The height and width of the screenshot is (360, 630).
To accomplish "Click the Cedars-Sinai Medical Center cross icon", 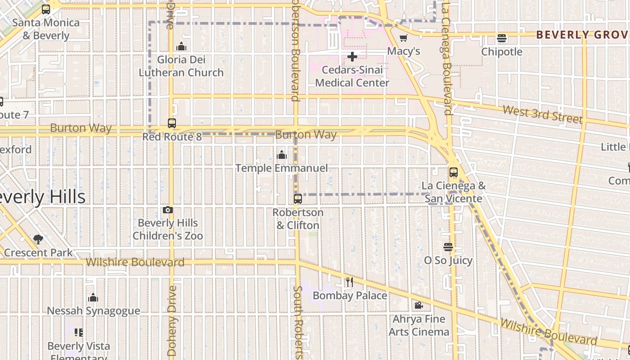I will (x=352, y=57).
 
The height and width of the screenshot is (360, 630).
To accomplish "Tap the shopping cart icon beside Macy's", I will (x=404, y=38).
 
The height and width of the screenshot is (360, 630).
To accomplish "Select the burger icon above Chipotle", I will (x=502, y=38).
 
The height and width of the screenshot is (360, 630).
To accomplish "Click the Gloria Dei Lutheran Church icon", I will (x=181, y=46).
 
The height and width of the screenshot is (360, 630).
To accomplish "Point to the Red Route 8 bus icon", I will (x=172, y=123).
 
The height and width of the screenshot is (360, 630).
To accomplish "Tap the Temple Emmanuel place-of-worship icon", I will (x=282, y=155).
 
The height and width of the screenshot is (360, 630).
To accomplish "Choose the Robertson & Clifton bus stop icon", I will (x=298, y=199).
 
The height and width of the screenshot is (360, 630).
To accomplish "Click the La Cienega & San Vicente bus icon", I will (x=454, y=172).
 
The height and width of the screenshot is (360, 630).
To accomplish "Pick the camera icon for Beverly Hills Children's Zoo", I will (x=168, y=210).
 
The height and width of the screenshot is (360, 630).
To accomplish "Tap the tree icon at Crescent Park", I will (x=38, y=239).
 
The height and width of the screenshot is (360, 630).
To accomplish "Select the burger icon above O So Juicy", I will (x=448, y=247).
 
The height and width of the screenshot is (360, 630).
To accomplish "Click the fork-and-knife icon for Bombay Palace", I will (x=350, y=282).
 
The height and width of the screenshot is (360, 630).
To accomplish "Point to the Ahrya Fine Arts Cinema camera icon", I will (x=418, y=306).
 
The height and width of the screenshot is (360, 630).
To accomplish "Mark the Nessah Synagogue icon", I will (x=93, y=297).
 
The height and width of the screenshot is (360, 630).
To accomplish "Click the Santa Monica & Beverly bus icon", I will (x=46, y=9).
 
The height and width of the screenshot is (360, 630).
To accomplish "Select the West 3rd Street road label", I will (x=542, y=114).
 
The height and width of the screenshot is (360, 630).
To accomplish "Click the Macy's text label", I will (x=404, y=51).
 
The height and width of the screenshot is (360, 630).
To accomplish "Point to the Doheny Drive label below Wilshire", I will (x=172, y=320).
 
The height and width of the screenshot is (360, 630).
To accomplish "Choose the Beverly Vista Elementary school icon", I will (x=79, y=333).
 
